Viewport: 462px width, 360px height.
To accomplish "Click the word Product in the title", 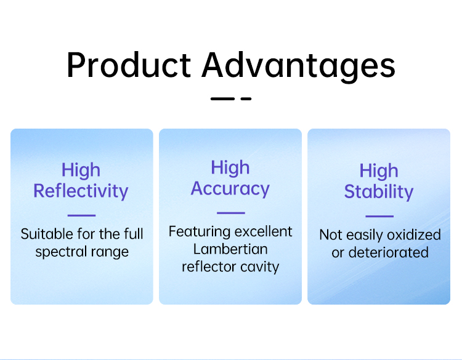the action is click(x=129, y=65).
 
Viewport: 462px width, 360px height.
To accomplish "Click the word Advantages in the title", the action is click(x=298, y=67).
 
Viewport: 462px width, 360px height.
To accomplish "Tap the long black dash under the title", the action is click(x=222, y=99).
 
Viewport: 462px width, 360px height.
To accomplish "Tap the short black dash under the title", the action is click(x=246, y=99).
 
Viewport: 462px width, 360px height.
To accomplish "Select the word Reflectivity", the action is click(x=81, y=191).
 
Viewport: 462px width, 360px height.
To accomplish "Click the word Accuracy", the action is click(x=230, y=189).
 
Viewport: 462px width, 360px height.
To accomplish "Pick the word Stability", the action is click(x=379, y=192).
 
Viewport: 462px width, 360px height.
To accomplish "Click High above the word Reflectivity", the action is click(x=81, y=170).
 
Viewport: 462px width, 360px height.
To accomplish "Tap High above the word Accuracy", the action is click(x=230, y=168).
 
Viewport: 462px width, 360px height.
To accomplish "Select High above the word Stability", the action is click(x=379, y=171).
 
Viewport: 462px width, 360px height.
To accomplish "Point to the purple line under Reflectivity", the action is click(x=81, y=215).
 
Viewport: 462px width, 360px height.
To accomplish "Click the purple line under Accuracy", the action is click(x=231, y=213).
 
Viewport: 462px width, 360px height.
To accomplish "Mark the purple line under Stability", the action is click(x=379, y=216).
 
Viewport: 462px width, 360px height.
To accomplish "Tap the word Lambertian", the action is click(x=230, y=249).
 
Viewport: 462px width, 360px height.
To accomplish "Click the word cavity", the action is click(x=259, y=267).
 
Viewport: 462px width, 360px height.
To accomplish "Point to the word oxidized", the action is click(x=414, y=235).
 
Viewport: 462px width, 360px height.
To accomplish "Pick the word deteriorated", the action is click(x=388, y=252).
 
